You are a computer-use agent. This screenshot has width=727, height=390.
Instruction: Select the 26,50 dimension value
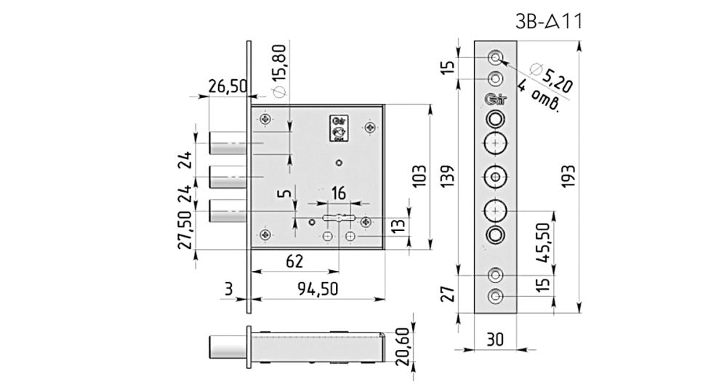point(228,86)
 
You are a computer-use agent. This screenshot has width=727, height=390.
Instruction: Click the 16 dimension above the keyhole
point(339,192)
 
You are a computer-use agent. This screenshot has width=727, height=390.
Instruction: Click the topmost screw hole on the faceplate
point(495,56)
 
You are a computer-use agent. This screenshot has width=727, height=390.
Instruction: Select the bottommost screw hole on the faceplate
point(495,296)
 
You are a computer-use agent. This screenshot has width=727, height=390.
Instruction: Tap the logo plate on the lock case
point(338,127)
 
